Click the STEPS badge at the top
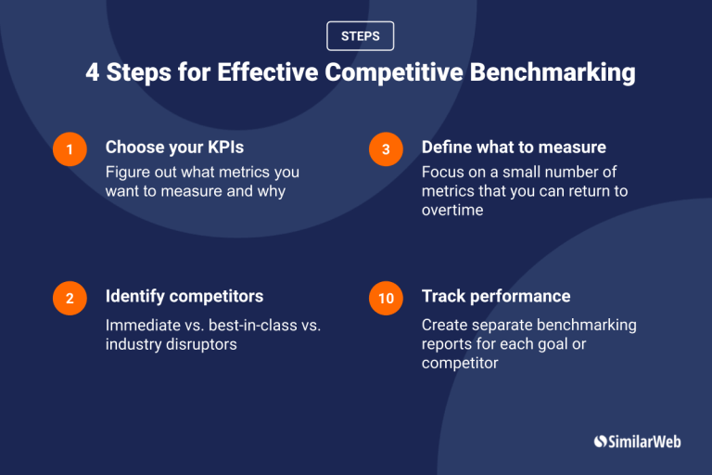(360, 36)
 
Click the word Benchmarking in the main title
(559, 73)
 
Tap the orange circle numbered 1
(70, 149)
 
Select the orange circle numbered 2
(70, 298)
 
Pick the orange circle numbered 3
(386, 149)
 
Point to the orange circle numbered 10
(386, 298)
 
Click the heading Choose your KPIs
(174, 148)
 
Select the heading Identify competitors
(184, 296)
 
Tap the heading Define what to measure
(514, 148)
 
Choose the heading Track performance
(496, 296)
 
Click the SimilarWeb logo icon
(600, 443)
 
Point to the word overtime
(453, 211)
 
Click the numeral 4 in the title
(93, 73)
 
